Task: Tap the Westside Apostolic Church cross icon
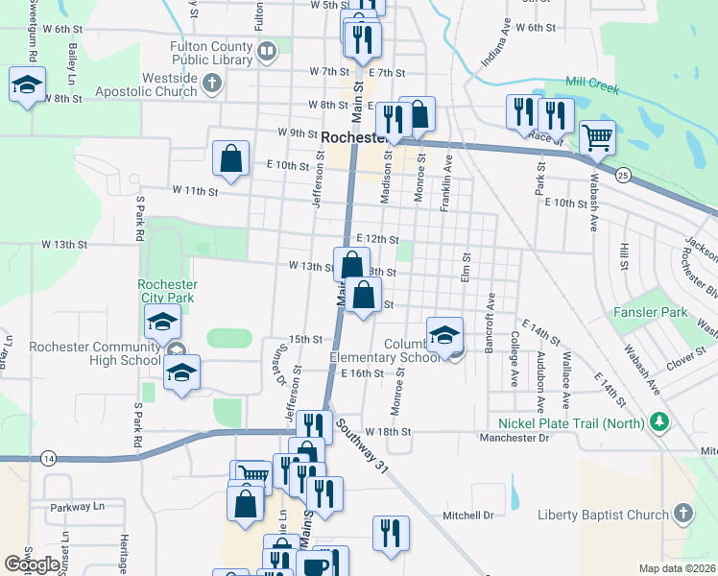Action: click(213, 84)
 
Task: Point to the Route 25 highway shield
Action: click(623, 175)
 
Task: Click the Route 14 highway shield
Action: click(49, 459)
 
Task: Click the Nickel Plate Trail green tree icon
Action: click(658, 421)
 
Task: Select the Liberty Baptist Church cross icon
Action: click(683, 515)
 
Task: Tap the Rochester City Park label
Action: click(167, 291)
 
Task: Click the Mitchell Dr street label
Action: click(467, 516)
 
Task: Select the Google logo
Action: click(33, 564)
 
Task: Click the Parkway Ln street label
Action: click(77, 506)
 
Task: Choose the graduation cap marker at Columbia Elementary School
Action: click(444, 336)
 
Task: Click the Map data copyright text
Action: click(677, 568)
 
